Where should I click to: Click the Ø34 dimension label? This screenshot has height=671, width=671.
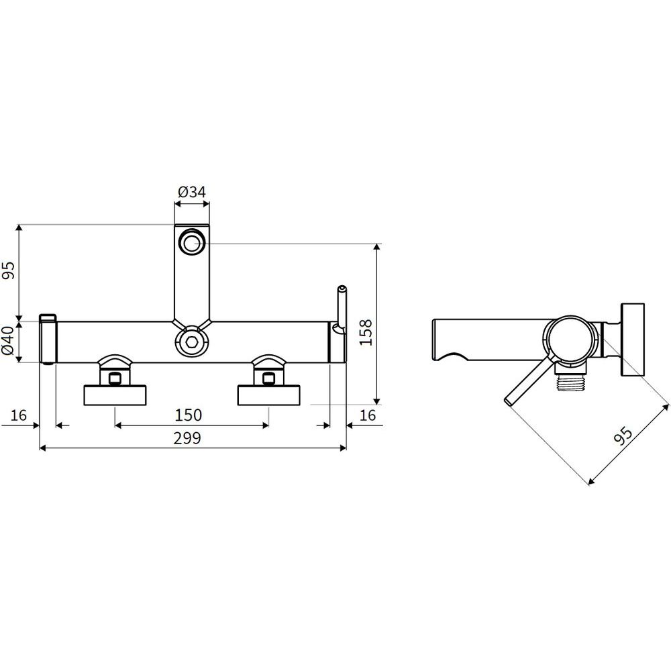click(x=192, y=192)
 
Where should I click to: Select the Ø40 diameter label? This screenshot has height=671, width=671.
click(x=9, y=341)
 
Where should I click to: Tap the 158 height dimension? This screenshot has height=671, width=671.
click(x=366, y=333)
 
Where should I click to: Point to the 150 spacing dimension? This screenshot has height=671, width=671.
click(x=189, y=415)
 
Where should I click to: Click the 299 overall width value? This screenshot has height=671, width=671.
click(x=187, y=438)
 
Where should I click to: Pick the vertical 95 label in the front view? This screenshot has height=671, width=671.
click(x=9, y=270)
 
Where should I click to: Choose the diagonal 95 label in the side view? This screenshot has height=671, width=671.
click(x=623, y=435)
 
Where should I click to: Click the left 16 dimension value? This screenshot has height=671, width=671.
click(x=18, y=415)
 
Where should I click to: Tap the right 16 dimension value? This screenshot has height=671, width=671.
click(x=368, y=415)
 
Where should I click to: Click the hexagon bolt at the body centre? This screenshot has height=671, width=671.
click(x=191, y=342)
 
